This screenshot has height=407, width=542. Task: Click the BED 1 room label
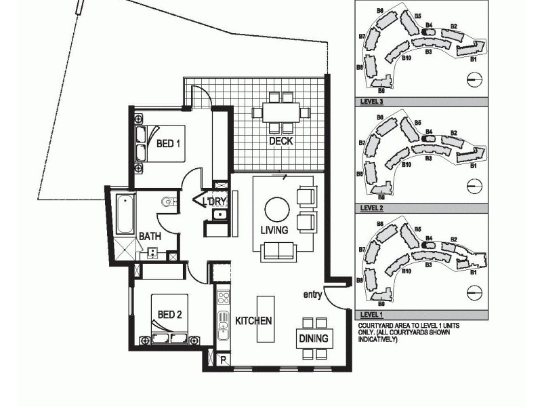coord(168,144)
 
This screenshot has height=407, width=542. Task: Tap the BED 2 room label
coord(169,314)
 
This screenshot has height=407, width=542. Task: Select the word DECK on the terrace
coord(280,141)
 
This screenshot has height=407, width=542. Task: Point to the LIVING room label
coord(274,230)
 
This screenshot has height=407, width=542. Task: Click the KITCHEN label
coord(253,320)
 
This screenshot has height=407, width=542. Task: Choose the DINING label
coord(313,338)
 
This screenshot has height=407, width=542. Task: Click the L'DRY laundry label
coord(214,201)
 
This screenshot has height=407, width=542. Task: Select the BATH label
coord(150,237)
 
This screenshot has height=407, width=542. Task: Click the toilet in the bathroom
coord(169,201)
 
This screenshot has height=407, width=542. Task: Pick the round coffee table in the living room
coord(276,208)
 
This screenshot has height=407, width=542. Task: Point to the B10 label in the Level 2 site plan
coord(406,165)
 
